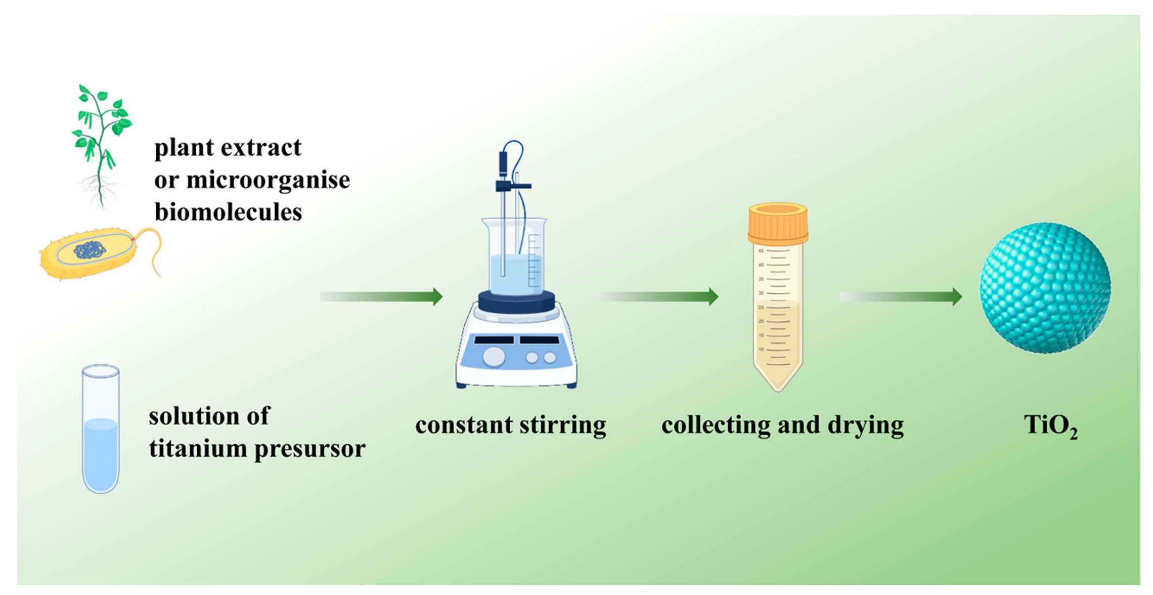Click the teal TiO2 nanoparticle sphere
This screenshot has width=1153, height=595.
[1045, 288]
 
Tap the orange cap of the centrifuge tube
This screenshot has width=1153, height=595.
[778, 223]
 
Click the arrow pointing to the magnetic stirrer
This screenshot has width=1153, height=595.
[382, 296]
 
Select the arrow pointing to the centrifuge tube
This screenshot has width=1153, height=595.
[657, 296]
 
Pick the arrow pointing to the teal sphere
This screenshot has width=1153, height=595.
[900, 296]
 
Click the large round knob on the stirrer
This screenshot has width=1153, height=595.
[494, 357]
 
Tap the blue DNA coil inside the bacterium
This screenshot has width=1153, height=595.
[90, 250]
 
